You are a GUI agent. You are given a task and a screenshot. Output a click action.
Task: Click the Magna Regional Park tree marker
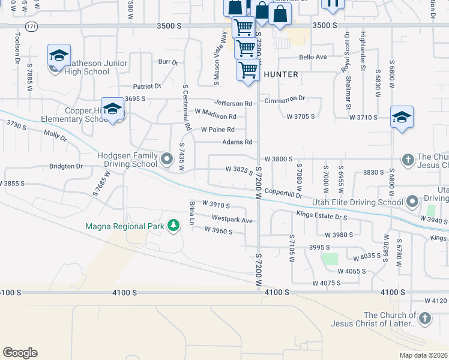[x=173, y=226]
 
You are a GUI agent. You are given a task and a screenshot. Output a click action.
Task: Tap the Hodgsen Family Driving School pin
[x=167, y=160]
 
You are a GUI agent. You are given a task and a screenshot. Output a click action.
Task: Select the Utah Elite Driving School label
[x=357, y=203]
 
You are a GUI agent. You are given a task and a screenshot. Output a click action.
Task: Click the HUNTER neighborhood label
[x=280, y=74]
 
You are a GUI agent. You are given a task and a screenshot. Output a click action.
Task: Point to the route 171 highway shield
[x=32, y=26]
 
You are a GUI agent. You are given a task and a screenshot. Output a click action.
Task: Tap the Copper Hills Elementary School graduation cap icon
[x=112, y=109]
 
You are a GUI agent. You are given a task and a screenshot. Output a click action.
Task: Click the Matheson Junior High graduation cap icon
[x=59, y=56]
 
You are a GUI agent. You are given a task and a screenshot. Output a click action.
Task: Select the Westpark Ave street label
[x=232, y=220]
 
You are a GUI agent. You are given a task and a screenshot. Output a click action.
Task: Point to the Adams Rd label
[x=237, y=142]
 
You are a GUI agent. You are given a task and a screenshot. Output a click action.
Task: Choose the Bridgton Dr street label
[x=65, y=166]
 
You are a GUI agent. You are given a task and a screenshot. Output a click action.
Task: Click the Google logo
[x=20, y=353]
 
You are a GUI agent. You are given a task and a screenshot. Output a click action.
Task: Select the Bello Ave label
[x=312, y=57]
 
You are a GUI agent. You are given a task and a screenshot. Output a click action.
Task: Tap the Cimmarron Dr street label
[x=285, y=98]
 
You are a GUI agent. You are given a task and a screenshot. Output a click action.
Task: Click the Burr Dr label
[x=168, y=62]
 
